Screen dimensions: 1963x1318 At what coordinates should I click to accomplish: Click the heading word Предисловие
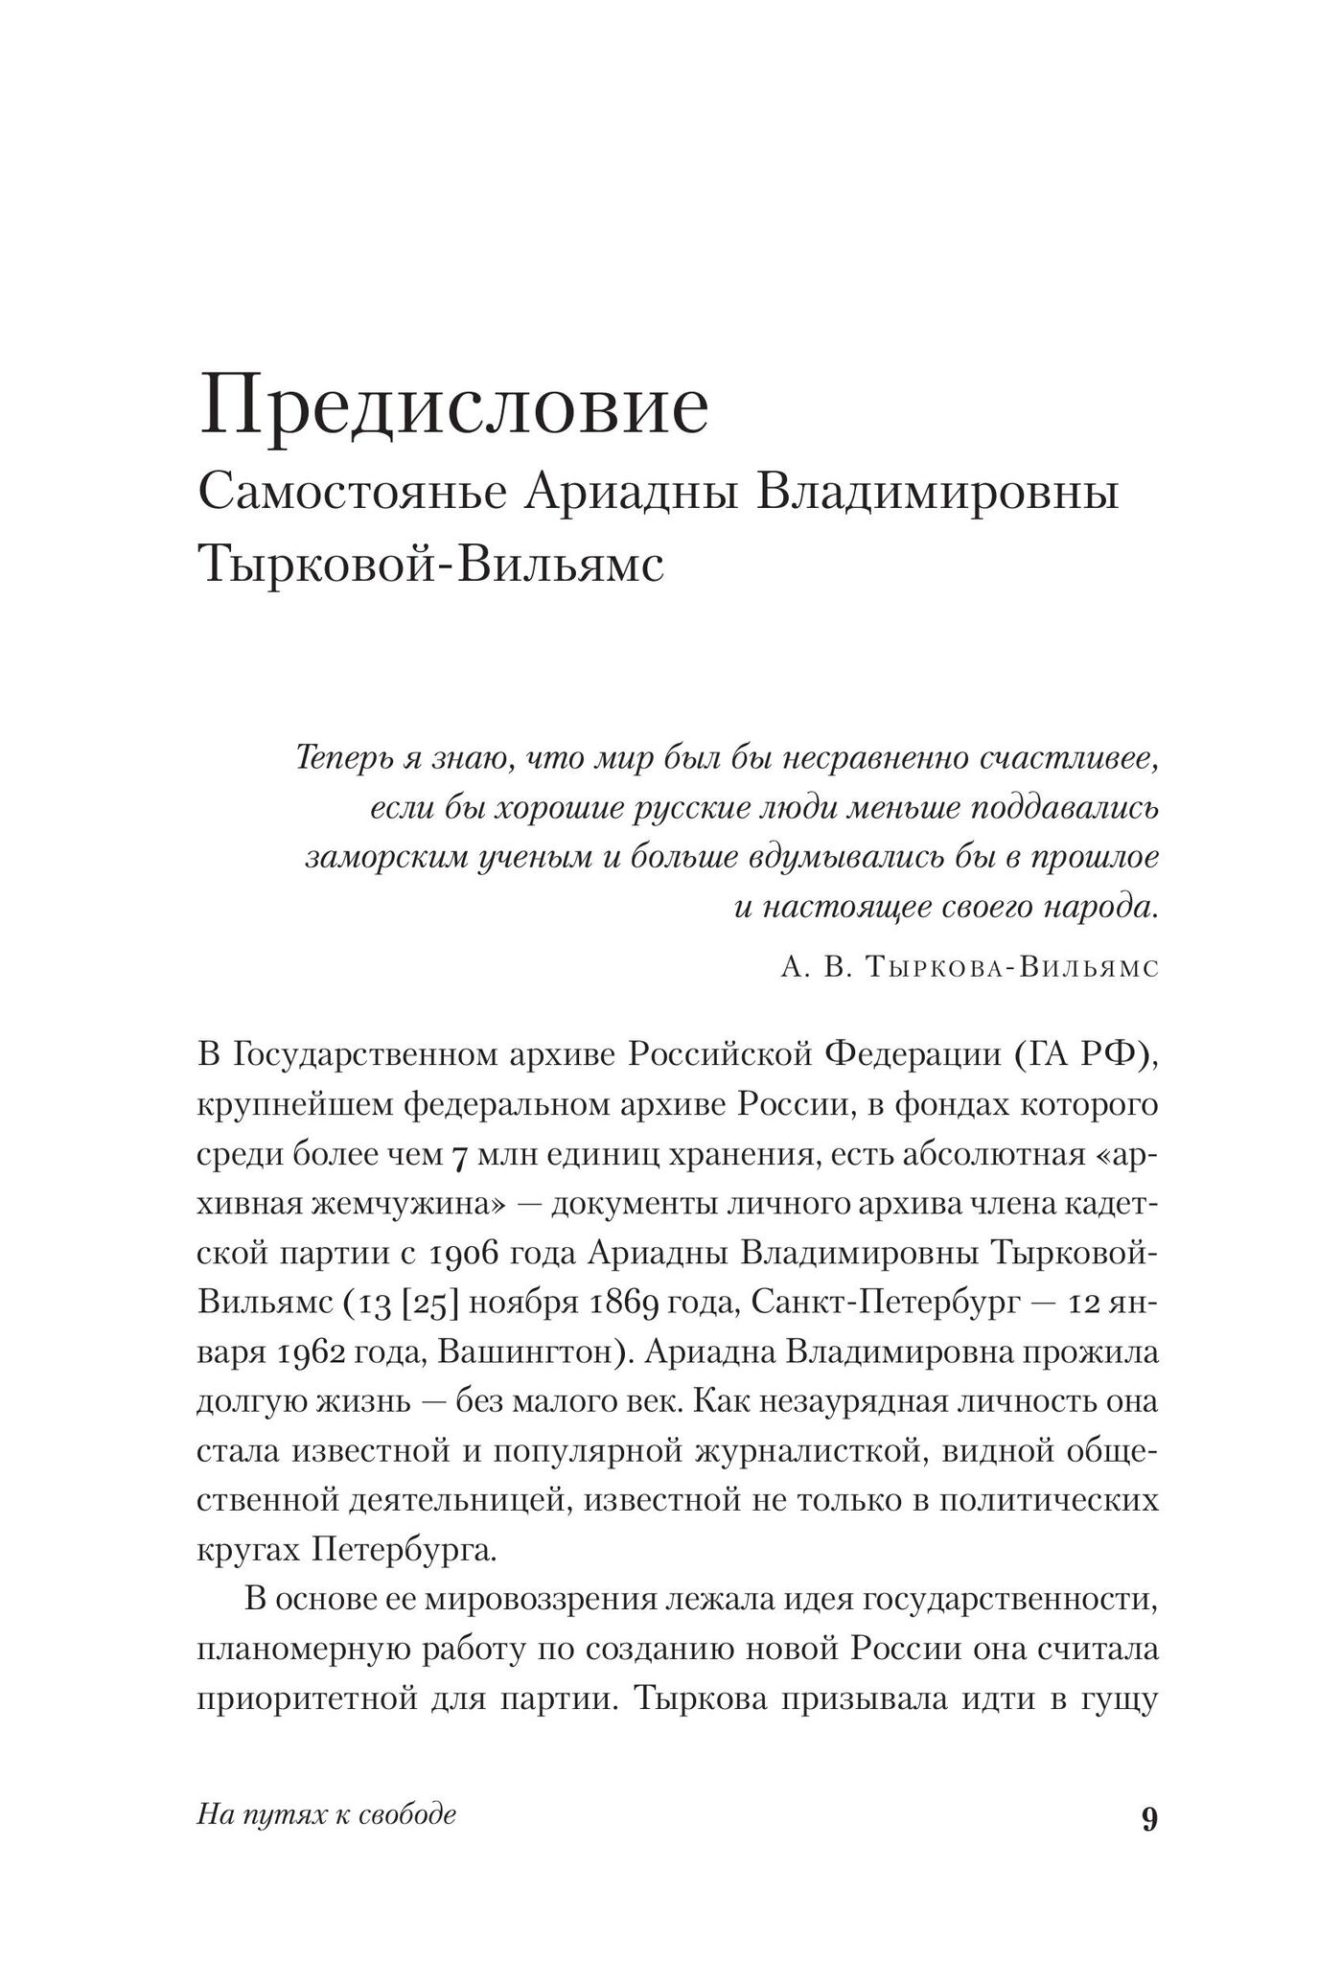point(453,407)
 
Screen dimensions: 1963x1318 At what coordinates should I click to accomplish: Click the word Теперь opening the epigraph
point(341,758)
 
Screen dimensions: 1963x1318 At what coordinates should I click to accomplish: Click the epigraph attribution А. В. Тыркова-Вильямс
point(969,967)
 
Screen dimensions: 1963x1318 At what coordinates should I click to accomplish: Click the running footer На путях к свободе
point(326,1813)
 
